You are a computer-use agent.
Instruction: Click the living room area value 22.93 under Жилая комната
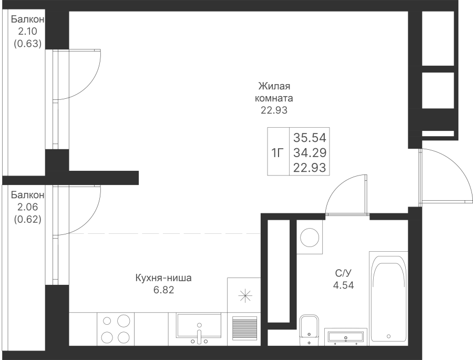coord(274,110)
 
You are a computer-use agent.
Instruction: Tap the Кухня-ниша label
coord(163,277)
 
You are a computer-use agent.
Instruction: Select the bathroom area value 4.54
coord(343,285)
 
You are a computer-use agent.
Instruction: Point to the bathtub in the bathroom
coord(388,298)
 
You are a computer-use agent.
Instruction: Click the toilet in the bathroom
coord(309,330)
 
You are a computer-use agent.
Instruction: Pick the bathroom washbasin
coord(346,337)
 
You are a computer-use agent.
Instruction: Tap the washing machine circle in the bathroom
coord(310,238)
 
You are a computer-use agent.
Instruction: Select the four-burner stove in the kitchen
coord(116,329)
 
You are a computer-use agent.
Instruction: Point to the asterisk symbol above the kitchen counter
coord(245,295)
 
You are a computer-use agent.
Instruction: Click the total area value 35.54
coord(310,138)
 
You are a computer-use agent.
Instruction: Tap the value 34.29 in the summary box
coord(310,153)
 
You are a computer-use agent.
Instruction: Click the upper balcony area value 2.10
coord(27,31)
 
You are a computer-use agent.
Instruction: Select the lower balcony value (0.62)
coord(27,219)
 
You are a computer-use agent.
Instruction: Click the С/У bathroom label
coord(343,273)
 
